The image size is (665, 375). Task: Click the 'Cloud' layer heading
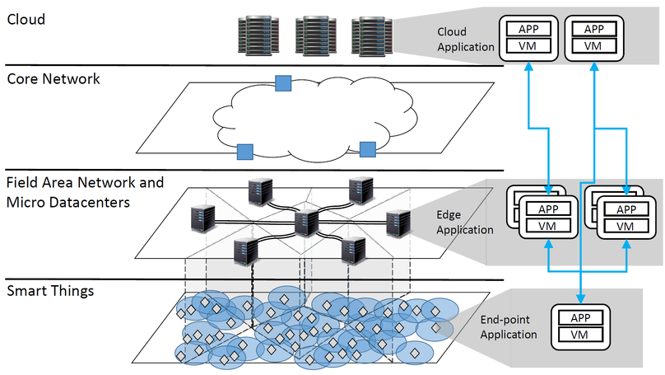25,16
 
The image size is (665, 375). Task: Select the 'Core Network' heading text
53,79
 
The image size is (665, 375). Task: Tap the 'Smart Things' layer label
50,290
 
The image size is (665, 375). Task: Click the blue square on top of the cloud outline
282,82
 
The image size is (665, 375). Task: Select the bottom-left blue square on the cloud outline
244,151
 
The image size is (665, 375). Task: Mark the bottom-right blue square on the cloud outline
367,148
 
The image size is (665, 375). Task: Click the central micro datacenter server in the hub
306,222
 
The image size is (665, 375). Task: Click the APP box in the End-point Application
583,317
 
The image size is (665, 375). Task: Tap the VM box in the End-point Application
583,335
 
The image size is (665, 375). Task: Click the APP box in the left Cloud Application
528,28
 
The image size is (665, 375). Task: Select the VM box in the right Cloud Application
594,45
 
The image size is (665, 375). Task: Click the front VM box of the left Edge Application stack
548,226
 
